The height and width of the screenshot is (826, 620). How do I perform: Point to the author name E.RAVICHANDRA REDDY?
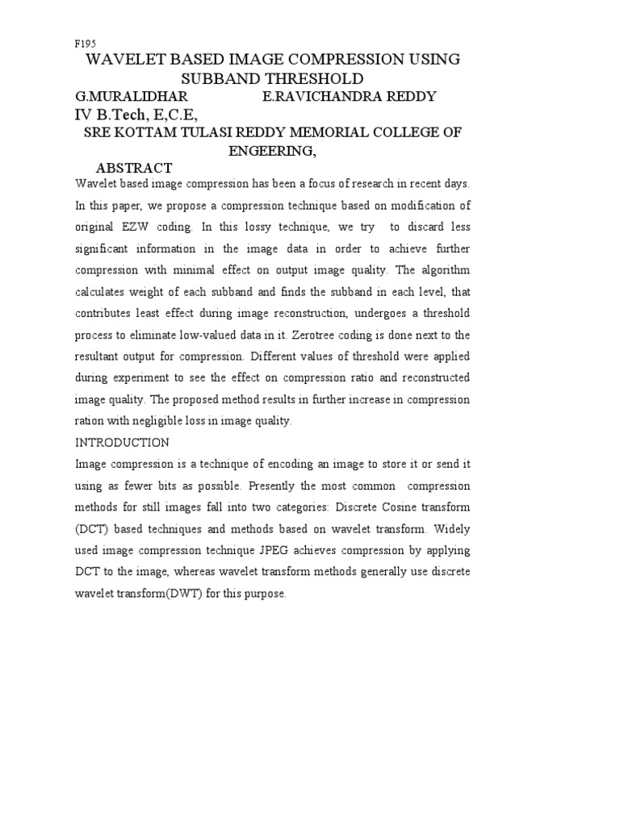pyautogui.click(x=350, y=97)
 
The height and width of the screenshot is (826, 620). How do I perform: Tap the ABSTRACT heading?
pyautogui.click(x=134, y=168)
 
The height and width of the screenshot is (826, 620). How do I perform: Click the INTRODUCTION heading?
pyautogui.click(x=122, y=443)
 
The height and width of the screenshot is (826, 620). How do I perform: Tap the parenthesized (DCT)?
pyautogui.click(x=93, y=529)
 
